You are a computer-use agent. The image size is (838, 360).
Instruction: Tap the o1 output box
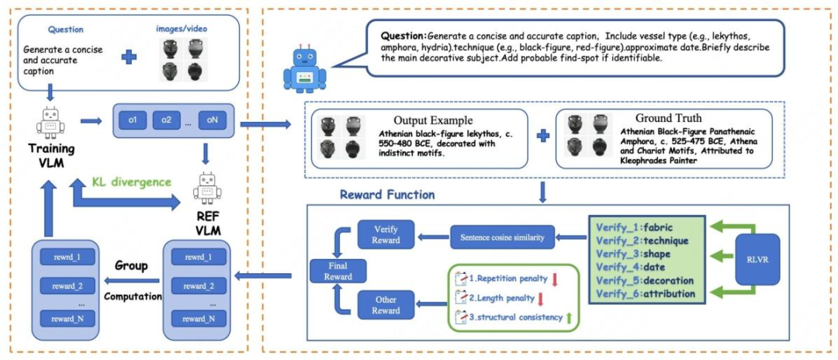(133, 119)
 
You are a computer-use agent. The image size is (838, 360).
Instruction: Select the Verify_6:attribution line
(645, 294)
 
